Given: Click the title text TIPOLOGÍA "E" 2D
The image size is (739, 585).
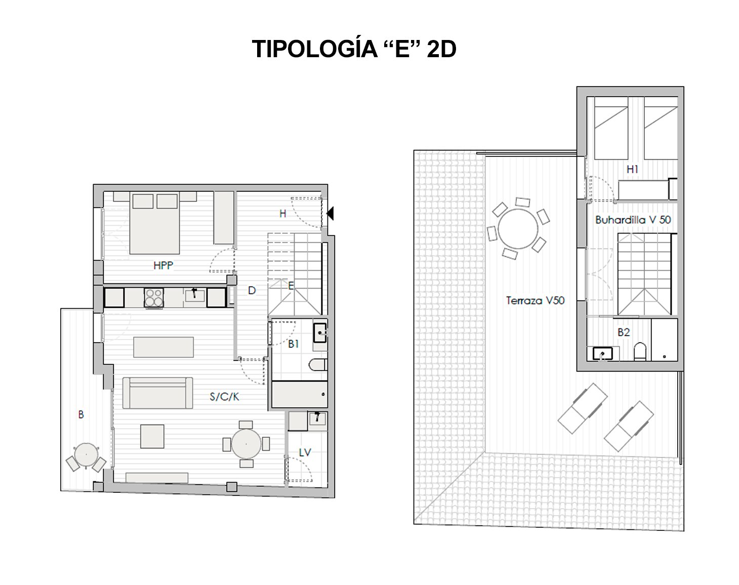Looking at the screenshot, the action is [354, 49].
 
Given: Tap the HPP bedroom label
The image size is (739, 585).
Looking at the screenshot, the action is [163, 265].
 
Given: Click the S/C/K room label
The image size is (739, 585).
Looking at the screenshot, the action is [224, 397].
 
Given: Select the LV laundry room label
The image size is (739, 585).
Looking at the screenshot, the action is [305, 452].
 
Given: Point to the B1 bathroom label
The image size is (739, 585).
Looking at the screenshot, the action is [294, 344].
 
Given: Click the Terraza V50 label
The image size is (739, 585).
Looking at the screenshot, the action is [536, 301].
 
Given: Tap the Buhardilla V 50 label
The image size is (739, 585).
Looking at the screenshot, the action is [633, 220].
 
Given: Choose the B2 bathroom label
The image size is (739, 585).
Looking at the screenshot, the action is [624, 332].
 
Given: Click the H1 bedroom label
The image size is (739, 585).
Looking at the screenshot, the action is [632, 169].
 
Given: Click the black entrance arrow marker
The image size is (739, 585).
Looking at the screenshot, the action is [330, 213].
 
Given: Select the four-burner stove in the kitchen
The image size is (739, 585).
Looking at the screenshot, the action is [153, 298].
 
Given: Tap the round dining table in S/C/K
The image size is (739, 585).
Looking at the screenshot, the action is [246, 444].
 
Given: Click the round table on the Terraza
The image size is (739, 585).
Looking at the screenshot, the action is [518, 229].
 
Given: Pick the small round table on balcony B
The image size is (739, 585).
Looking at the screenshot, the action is [86, 455].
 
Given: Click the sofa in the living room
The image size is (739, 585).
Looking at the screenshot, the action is [157, 393].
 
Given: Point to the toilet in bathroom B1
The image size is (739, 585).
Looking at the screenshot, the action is [318, 365].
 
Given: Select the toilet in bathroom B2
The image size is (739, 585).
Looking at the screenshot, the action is [640, 352].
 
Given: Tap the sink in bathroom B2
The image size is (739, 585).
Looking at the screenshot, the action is [602, 354].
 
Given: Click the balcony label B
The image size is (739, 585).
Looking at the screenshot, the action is [81, 415].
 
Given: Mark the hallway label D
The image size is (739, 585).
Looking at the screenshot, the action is [252, 291].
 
